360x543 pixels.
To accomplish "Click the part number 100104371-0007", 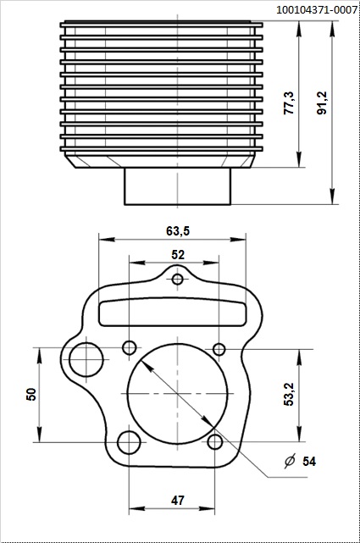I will (316, 9).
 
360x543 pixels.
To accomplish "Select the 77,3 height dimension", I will (289, 103).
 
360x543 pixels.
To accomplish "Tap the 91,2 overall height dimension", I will (322, 103).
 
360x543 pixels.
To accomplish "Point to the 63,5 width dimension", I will (177, 230).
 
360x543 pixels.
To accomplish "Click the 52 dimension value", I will (178, 254).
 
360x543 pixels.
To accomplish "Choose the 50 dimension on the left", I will (31, 394).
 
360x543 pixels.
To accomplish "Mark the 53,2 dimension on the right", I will (288, 394).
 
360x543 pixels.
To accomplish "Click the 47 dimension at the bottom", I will (178, 501).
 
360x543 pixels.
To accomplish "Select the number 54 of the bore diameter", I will (309, 461).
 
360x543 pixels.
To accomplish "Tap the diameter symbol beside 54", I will (289, 461).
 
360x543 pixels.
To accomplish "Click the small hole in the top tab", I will (178, 280).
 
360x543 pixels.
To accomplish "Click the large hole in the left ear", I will (86, 359).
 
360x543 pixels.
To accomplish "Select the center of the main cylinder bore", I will (178, 396).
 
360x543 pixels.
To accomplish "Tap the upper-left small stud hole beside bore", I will (130, 347).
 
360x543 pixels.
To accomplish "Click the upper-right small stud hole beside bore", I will (219, 349).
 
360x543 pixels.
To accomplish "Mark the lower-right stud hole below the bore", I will (216, 441).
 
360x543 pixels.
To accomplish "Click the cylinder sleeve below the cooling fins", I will (178, 186).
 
